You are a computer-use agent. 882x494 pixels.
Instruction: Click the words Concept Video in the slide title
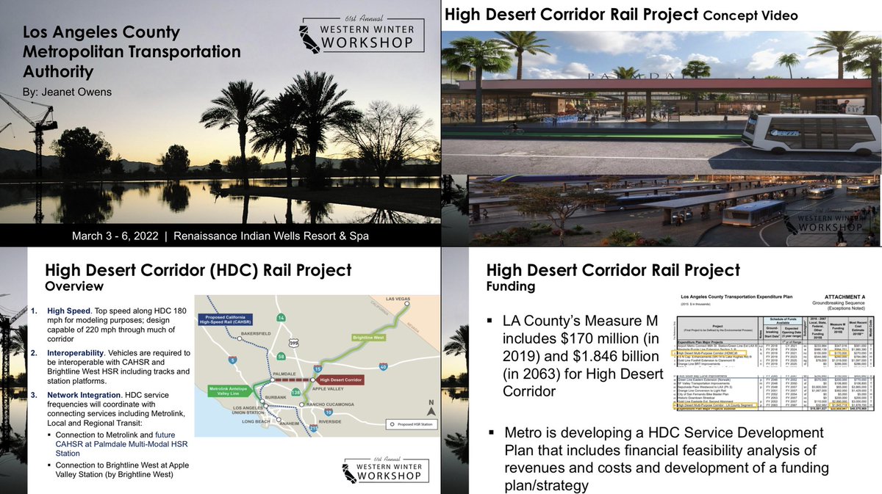tap(756, 15)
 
